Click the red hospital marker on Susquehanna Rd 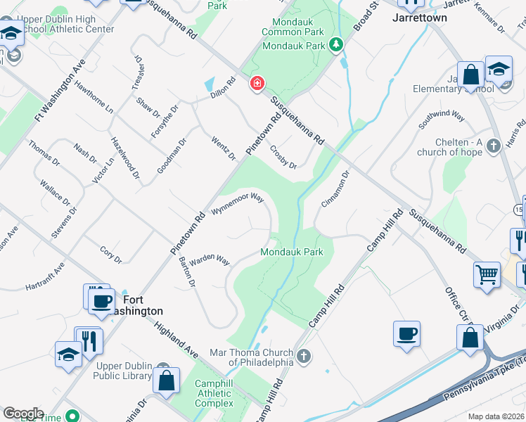pos(257,84)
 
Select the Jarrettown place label pos(420,17)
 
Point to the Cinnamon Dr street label pos(335,188)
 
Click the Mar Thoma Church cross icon pos(304,356)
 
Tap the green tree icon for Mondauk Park pos(337,46)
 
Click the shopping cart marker pos(487,274)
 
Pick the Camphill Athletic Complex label pos(214,394)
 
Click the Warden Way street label pos(210,260)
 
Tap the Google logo pos(23,414)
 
